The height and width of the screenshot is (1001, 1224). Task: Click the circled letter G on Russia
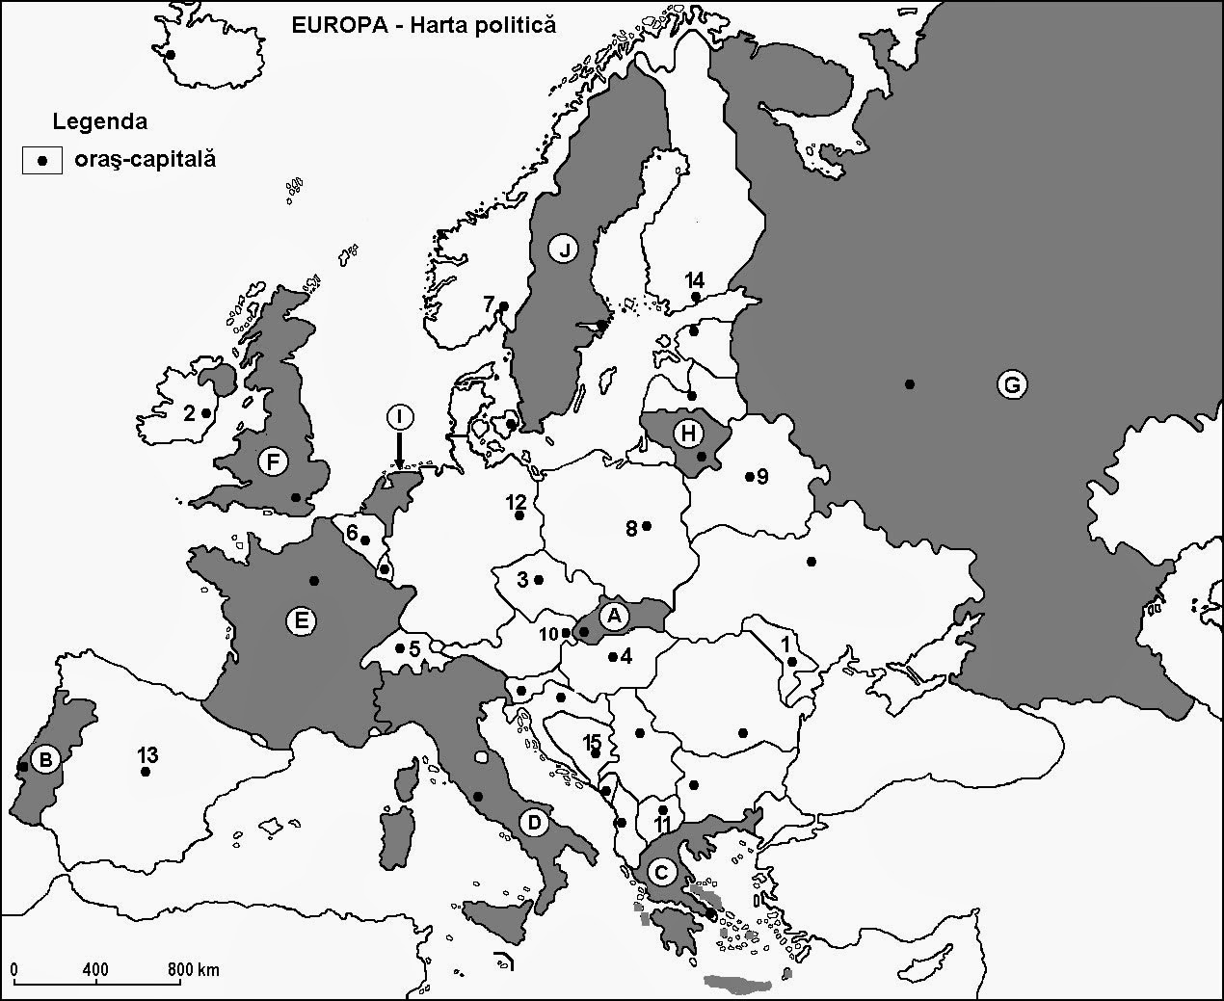point(1011,385)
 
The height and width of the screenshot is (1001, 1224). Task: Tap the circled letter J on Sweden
point(565,250)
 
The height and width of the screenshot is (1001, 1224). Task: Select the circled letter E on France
point(302,621)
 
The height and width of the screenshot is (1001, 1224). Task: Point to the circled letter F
point(275,462)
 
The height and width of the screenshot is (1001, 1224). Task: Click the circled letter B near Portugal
point(43,759)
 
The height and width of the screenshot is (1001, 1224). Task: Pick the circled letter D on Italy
point(534,823)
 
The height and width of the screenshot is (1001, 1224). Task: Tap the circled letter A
point(613,613)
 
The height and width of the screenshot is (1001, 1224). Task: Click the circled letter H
point(687,434)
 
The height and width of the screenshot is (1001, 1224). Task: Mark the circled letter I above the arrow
point(399,416)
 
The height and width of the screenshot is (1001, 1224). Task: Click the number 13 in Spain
point(147,753)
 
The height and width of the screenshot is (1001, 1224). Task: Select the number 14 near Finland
point(695,280)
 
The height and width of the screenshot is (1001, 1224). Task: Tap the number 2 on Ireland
point(189,413)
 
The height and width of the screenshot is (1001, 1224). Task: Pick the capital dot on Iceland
point(171,55)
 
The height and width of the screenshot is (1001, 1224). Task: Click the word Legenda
point(100,122)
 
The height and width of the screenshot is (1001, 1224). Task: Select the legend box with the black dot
point(41,160)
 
